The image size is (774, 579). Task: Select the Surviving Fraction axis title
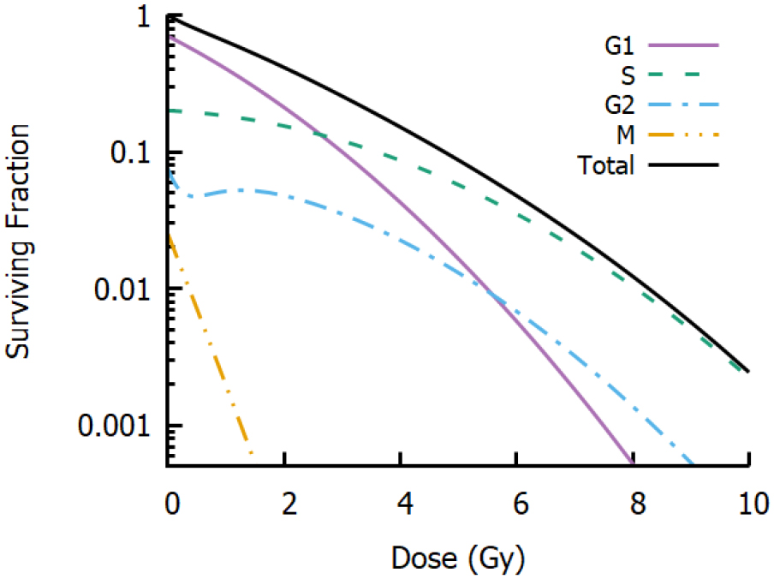pos(20,241)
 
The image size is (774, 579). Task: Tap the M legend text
pos(626,135)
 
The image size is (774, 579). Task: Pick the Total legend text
pos(606,165)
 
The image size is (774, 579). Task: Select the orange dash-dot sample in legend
pos(683,134)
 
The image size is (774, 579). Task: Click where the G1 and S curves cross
pos(319,134)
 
